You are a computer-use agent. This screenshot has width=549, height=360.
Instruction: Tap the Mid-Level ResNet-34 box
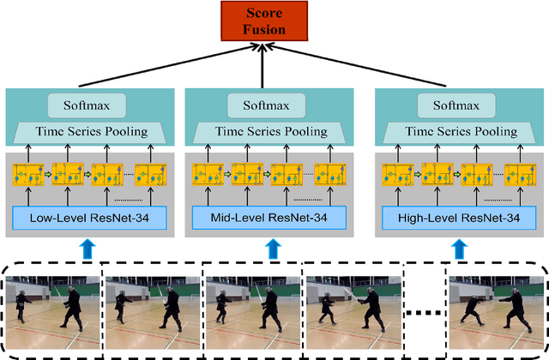(273, 218)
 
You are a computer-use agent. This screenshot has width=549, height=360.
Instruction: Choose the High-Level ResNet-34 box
(462, 218)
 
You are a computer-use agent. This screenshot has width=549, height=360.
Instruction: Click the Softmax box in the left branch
(86, 105)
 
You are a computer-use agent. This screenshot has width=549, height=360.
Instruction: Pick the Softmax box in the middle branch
(273, 105)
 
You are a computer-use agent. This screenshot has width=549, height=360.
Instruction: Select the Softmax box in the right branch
(462, 105)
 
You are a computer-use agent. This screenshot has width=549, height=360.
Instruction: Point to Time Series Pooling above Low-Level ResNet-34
(86, 131)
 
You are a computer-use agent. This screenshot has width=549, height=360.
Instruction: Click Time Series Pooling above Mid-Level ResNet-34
(273, 131)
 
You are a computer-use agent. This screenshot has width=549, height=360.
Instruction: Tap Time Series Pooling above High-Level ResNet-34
(462, 131)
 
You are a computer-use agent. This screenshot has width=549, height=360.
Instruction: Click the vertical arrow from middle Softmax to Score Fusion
(273, 63)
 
